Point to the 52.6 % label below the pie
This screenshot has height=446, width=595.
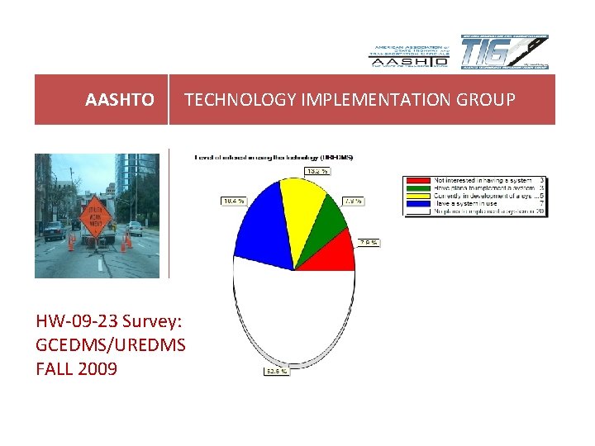[276, 371]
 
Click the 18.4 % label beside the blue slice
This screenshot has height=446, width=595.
[232, 201]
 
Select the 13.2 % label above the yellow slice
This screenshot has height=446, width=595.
[317, 171]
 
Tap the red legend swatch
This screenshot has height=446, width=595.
[420, 179]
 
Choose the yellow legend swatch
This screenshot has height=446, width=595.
[420, 195]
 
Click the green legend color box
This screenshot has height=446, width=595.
[420, 187]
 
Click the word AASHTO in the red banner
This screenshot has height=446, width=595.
[119, 100]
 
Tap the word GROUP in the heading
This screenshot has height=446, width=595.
[488, 100]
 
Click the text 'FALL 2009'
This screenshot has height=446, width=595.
[77, 368]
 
